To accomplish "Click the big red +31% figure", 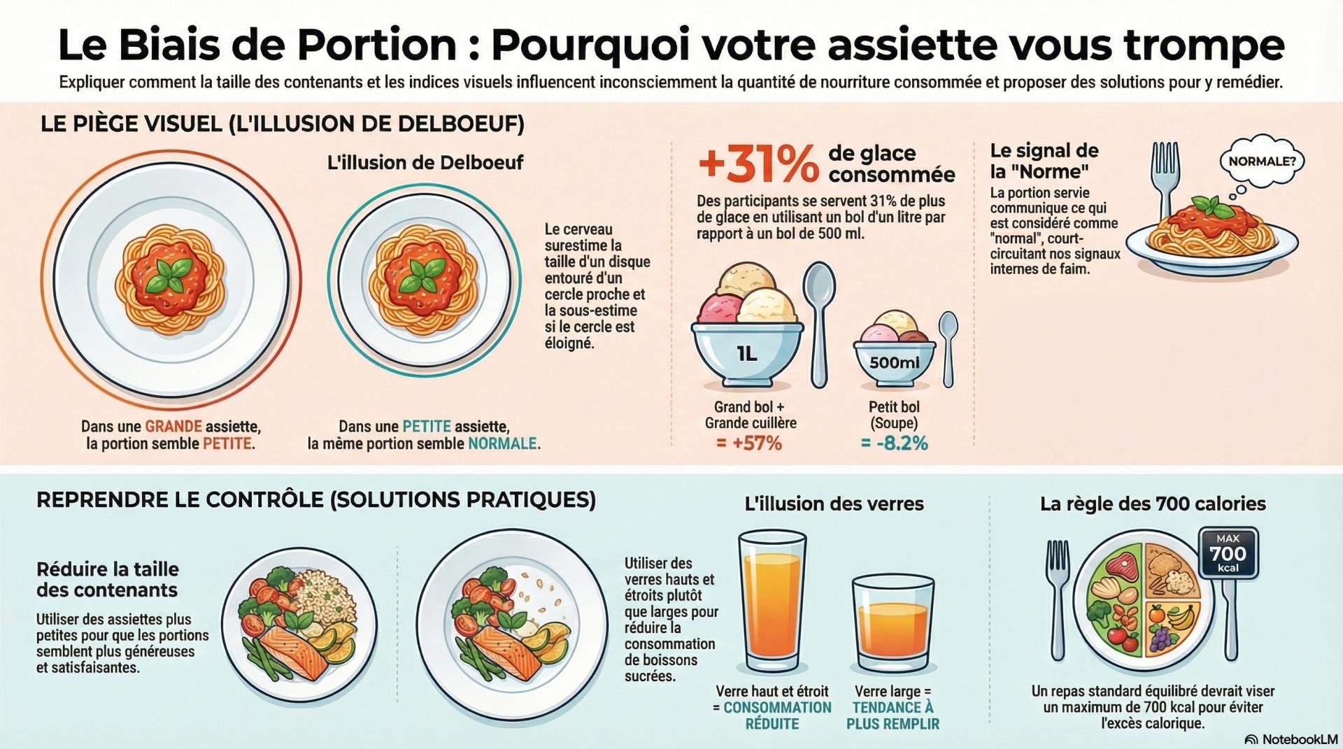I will click(758, 164).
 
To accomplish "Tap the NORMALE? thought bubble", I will click(1261, 162).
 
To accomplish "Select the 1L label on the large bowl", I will click(746, 354).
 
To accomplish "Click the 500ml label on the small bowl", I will click(894, 363).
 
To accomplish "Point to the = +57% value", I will click(749, 443).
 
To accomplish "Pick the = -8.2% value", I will click(894, 443).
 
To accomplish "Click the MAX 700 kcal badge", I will click(1228, 553).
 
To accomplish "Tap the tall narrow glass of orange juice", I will click(772, 601).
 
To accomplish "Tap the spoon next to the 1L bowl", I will click(818, 322).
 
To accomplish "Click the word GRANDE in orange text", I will click(173, 427).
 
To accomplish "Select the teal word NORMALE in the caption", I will click(502, 443).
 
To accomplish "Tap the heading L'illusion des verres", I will click(834, 504).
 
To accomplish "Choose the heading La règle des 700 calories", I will click(1153, 504).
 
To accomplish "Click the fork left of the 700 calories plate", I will click(1058, 598).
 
